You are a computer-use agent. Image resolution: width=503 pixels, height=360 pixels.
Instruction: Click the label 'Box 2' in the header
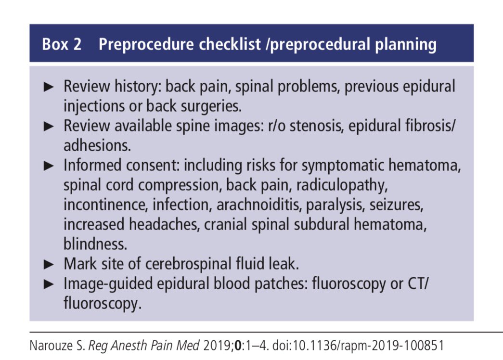[62, 45]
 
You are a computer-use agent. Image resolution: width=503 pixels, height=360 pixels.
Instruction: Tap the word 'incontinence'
[105, 205]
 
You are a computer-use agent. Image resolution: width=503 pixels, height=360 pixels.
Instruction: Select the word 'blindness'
[95, 244]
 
